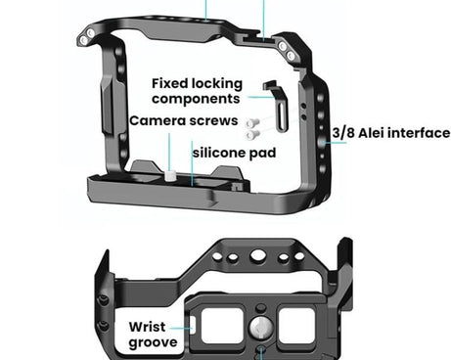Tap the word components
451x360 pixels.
pos(196,99)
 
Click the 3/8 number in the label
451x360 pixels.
pos(344,133)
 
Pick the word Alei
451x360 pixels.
pos(375,133)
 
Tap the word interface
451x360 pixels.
pos(421,133)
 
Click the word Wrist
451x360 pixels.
pos(154,326)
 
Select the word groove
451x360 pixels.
pos(154,342)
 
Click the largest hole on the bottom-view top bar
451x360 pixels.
pos(256,255)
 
